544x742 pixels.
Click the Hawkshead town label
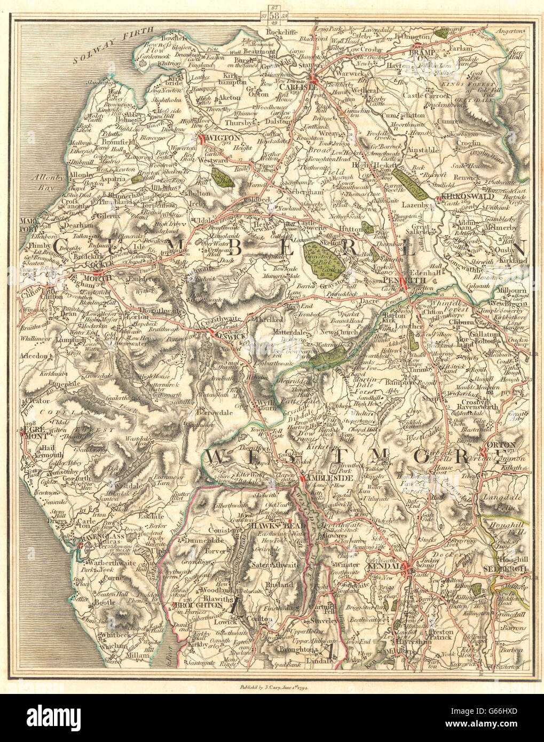point(272,525)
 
